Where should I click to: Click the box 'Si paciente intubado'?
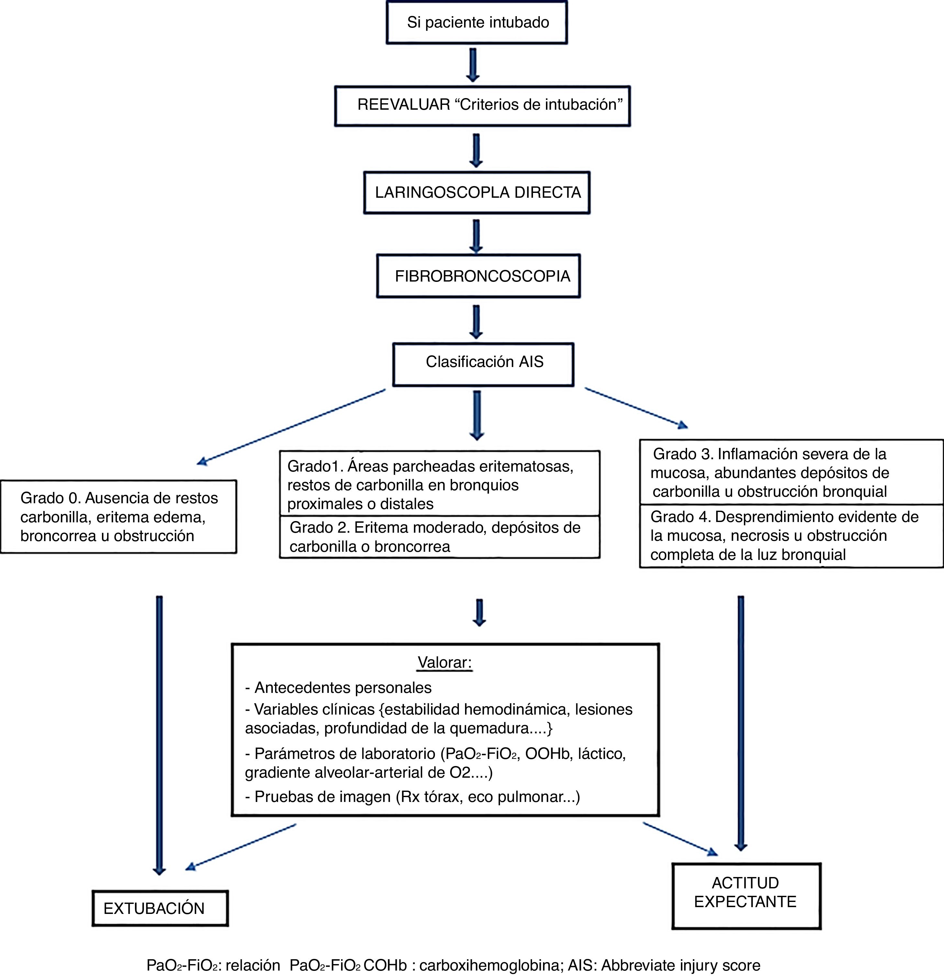coord(477,22)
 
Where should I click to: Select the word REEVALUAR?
coord(404,105)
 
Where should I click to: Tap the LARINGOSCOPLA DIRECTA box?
coord(477,193)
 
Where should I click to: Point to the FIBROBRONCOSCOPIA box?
coord(479,276)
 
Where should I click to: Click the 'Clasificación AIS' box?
coord(483,362)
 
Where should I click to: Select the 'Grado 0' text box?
coord(119,517)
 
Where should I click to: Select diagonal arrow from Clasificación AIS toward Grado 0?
coord(292,428)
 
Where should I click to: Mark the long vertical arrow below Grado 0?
coord(159,733)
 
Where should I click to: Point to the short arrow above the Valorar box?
coord(479,613)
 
